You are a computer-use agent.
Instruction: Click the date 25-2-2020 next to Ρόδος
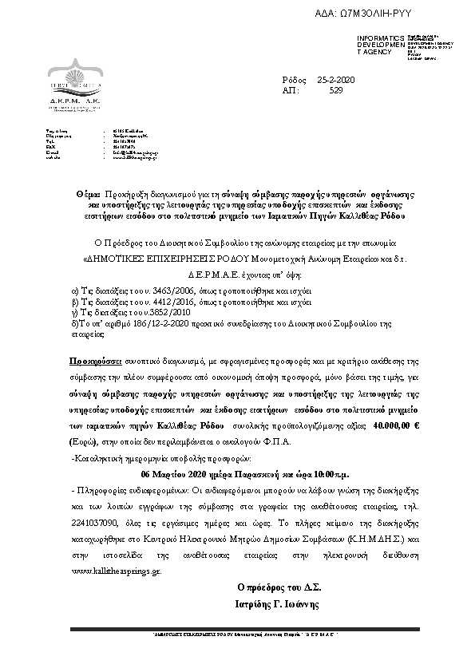click(336, 81)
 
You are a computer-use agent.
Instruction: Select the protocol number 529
click(336, 92)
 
